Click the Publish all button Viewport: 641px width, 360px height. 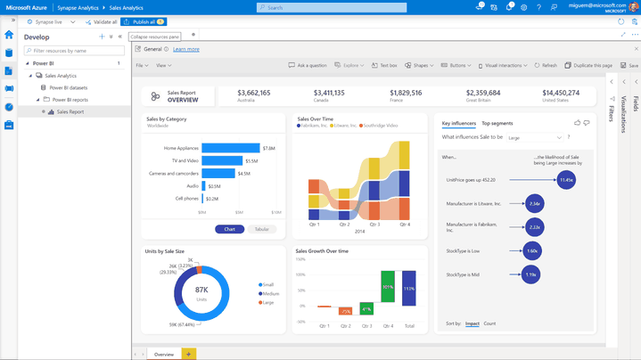(x=141, y=21)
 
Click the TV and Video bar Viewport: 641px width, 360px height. (x=222, y=160)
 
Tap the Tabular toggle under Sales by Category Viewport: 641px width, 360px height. (x=261, y=229)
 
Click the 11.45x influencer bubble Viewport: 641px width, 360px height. (x=566, y=179)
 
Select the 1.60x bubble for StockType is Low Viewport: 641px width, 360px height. (x=532, y=251)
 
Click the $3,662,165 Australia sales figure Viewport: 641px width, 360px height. (x=254, y=93)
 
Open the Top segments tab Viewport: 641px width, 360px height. (x=497, y=123)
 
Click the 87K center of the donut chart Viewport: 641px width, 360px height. (x=201, y=291)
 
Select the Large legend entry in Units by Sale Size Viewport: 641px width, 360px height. (x=267, y=302)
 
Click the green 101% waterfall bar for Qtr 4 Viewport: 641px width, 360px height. (x=388, y=288)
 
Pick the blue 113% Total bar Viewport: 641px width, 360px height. (x=409, y=289)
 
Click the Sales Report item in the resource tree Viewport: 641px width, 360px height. (x=70, y=112)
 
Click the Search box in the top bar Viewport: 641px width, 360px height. (x=357, y=7)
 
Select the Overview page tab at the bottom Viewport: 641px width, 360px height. (x=163, y=354)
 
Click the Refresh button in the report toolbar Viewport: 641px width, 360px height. (x=546, y=65)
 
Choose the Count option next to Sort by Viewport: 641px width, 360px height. (x=489, y=323)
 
